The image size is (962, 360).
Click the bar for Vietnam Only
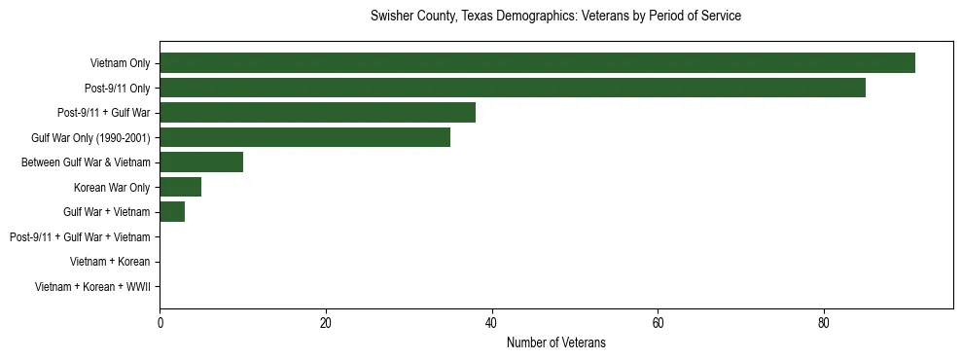coord(537,63)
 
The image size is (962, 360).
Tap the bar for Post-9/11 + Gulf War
coord(317,113)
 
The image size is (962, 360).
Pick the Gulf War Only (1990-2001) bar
coord(304,137)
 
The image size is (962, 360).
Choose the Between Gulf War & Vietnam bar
coord(201,162)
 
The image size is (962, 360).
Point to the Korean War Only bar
coord(180,187)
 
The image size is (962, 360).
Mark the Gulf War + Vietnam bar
coord(172,211)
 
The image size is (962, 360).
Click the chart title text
coord(555,17)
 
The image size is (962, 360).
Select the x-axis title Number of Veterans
coord(556,342)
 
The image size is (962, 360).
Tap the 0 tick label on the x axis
coord(160,323)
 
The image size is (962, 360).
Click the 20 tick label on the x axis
coord(326,323)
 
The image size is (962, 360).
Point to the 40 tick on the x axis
coord(492,323)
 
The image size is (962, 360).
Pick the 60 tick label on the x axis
coord(658,323)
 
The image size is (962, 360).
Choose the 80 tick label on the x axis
coord(824,323)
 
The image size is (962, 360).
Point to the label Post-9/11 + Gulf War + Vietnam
coord(79,236)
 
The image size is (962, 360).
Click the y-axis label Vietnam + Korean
coord(110,261)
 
